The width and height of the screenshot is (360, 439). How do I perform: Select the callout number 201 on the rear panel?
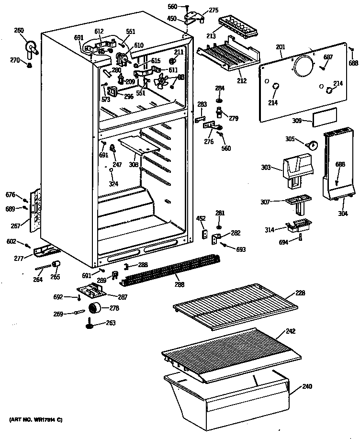click(281, 47)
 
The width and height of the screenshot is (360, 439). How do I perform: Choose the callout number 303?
click(266, 168)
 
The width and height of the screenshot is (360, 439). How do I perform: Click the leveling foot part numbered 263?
click(89, 326)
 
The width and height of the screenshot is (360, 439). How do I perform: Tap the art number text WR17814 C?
click(36, 420)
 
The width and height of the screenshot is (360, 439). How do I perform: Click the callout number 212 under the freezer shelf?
click(242, 81)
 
